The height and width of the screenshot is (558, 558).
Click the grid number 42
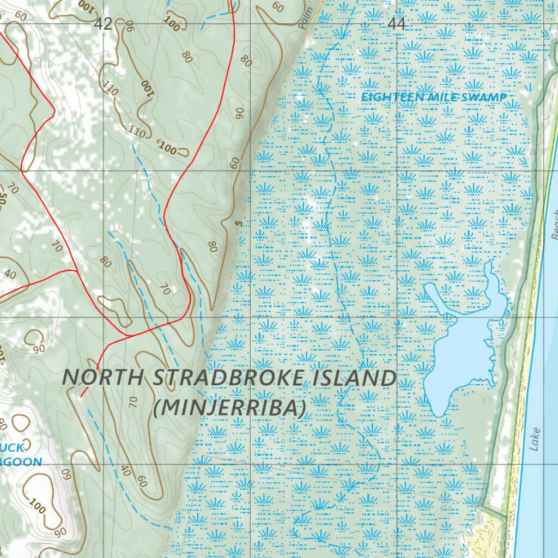[103, 23]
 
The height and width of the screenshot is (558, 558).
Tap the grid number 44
[397, 23]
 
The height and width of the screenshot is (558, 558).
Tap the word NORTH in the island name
[105, 377]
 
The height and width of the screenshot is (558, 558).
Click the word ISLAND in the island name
[354, 378]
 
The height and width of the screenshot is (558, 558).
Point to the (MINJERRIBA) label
[229, 408]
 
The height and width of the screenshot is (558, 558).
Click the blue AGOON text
[21, 462]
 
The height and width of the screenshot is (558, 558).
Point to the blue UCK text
[12, 448]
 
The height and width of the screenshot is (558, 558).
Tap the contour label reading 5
[238, 222]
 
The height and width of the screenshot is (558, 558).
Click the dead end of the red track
[81, 396]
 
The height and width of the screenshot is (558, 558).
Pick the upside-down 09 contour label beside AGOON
[66, 473]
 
